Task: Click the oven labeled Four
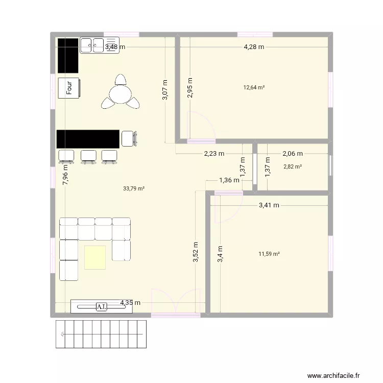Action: (x=68, y=88)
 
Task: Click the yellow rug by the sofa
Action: (x=95, y=257)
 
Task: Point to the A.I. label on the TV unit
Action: (x=102, y=306)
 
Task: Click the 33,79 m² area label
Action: (x=134, y=188)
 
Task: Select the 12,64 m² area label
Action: (x=254, y=87)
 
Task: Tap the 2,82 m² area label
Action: (x=293, y=166)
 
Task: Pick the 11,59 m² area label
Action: (x=269, y=254)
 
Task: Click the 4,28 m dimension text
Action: (x=254, y=47)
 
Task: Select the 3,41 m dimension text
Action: (x=269, y=205)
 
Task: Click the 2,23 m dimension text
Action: (x=213, y=153)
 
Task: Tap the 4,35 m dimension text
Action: (x=130, y=303)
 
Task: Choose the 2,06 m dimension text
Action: (x=293, y=153)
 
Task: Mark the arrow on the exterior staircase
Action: (x=62, y=334)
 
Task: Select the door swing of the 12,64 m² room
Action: (x=200, y=125)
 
